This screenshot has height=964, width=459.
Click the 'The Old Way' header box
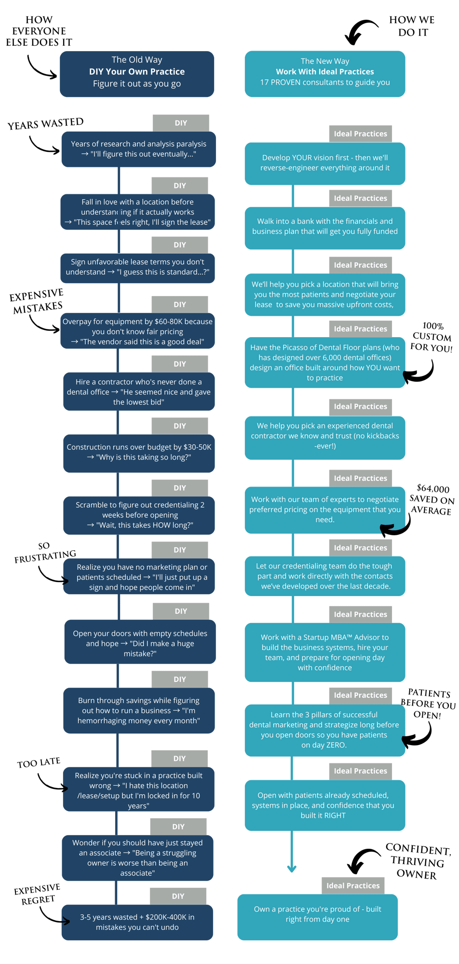click(137, 74)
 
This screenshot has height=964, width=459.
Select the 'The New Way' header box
click(324, 74)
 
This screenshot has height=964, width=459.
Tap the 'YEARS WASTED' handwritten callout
click(45, 124)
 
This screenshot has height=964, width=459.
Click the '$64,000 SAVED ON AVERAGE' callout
click(432, 500)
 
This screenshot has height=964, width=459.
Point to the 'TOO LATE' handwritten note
click(39, 763)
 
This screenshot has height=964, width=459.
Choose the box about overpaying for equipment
click(137, 331)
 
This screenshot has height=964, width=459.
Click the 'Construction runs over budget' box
click(139, 452)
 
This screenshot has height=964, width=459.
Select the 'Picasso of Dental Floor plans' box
click(324, 363)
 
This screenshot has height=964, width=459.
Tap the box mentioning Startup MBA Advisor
click(324, 652)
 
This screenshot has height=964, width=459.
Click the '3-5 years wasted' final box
click(137, 922)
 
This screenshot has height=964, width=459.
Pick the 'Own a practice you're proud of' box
click(317, 914)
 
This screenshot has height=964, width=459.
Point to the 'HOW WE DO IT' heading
click(412, 26)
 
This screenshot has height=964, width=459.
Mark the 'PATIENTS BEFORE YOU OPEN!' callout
click(428, 704)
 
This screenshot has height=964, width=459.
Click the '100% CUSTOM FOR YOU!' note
click(432, 337)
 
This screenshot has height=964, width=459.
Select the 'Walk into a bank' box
click(324, 227)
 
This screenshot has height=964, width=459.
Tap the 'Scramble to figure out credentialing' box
click(139, 515)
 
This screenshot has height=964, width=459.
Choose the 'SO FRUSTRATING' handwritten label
click(45, 553)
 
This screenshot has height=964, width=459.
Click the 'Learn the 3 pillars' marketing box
click(324, 730)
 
